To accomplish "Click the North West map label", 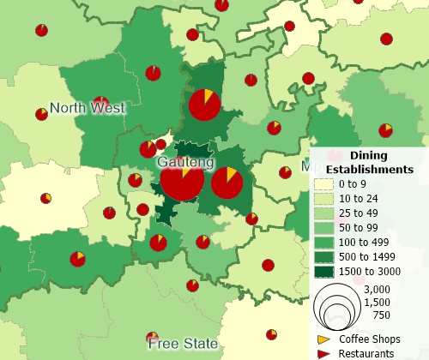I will pos(87,108).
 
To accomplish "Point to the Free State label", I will pos(182,344).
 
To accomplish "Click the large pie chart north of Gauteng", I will pos(204,105).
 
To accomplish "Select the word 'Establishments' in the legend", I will pos(376,169).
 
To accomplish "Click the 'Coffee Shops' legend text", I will pos(370,339).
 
